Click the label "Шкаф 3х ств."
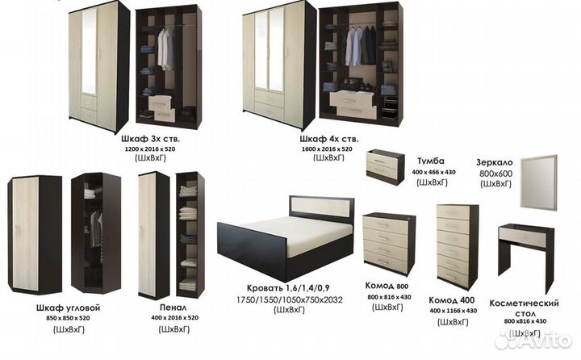click(x=150, y=139)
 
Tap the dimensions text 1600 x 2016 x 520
click(x=327, y=149)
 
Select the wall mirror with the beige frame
click(x=538, y=182)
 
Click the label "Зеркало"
click(x=495, y=162)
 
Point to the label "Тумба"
click(x=431, y=161)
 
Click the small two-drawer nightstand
click(x=386, y=167)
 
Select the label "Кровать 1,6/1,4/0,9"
click(x=288, y=288)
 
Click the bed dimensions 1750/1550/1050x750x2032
click(x=290, y=299)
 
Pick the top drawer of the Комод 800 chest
click(x=385, y=225)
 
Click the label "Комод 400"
click(x=451, y=300)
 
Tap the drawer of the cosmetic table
click(x=522, y=237)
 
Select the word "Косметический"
click(x=524, y=303)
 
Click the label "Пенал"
click(x=173, y=308)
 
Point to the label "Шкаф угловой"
click(x=68, y=308)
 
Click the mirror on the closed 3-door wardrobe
click(x=89, y=51)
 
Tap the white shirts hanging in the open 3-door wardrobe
click(x=165, y=49)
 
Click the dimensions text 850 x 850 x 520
click(x=68, y=318)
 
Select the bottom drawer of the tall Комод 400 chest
click(x=453, y=276)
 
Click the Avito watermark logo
click(x=533, y=339)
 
